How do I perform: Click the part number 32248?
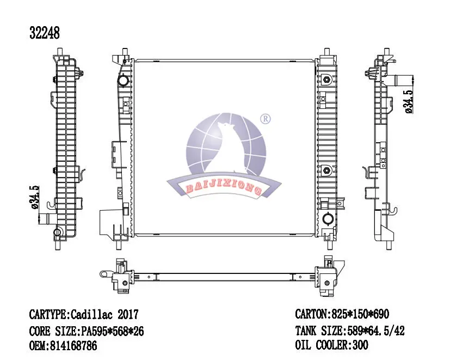coord(44,33)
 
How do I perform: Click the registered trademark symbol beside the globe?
coord(266,118)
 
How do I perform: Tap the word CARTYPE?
coord(48,315)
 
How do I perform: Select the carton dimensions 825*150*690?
coord(359,315)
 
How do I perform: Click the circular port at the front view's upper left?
coord(124,81)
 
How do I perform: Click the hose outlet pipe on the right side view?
coord(403,81)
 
